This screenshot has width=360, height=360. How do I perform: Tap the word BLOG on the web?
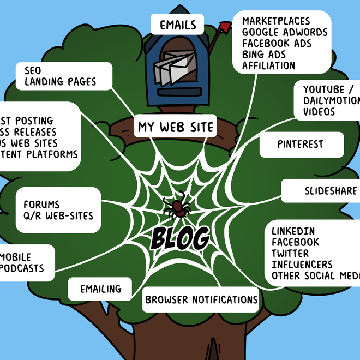click(180, 238)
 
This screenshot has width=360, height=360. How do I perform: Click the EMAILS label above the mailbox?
click(178, 25)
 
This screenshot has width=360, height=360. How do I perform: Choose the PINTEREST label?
click(300, 145)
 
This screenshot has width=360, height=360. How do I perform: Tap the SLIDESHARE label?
click(331, 191)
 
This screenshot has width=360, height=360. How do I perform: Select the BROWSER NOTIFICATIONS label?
click(201, 299)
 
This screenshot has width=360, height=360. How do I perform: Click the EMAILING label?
click(100, 289)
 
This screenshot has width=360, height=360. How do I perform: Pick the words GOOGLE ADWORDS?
click(285, 32)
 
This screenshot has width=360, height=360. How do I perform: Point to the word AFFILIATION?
click(269, 65)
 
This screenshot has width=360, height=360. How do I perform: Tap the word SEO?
click(33, 70)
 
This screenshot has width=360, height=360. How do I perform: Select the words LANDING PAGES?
click(60, 82)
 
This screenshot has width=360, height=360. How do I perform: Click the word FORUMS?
click(41, 205)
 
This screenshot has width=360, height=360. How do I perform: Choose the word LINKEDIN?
click(293, 231)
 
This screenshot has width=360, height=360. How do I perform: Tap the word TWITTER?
click(290, 253)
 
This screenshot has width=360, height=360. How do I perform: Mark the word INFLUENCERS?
click(302, 264)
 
